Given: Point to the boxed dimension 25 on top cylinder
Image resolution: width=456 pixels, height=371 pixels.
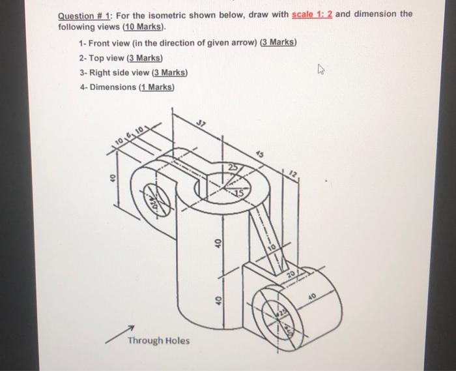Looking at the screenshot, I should pos(232,170).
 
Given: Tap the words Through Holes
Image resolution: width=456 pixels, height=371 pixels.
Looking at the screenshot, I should pos(159,340).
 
